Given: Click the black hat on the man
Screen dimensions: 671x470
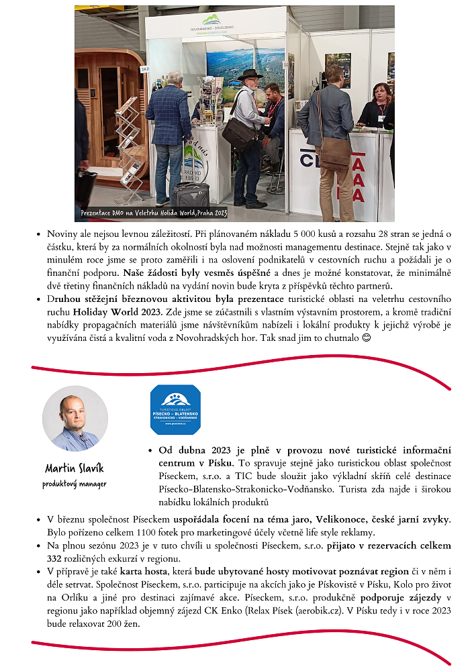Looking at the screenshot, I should coord(250,74).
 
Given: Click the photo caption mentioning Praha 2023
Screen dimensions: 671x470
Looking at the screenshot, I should coord(154,213).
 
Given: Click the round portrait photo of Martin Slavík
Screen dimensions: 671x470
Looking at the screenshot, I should coord(75,419).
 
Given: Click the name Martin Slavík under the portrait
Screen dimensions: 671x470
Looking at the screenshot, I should coord(75,468).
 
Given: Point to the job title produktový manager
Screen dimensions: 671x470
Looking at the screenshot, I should coord(75,483).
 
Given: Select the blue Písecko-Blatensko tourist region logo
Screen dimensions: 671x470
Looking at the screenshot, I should coord(175,409).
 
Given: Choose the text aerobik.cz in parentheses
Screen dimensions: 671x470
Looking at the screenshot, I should coord(318,611).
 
